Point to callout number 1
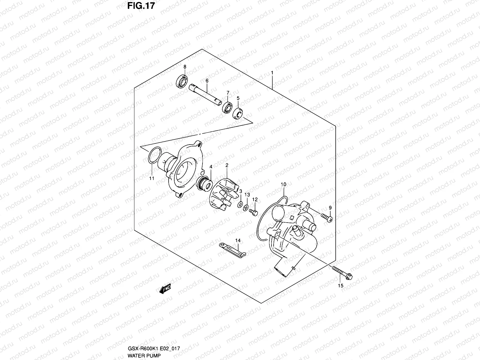point(272,73)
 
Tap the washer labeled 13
point(245,207)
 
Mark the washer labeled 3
point(240,204)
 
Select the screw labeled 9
point(326,217)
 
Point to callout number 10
point(283,184)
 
